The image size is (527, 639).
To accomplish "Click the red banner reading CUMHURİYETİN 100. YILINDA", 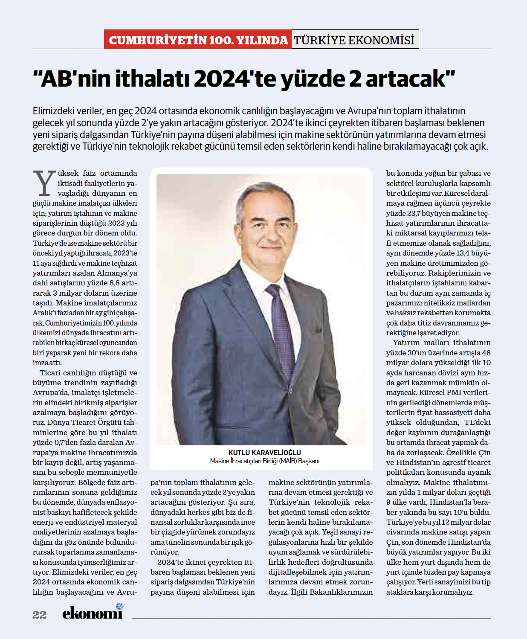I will pyautogui.click(x=198, y=40).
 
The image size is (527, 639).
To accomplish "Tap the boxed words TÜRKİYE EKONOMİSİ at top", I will pyautogui.click(x=354, y=40).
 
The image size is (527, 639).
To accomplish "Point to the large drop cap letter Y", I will pyautogui.click(x=44, y=183).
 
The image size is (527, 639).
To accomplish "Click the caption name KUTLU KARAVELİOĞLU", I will pyautogui.click(x=264, y=453).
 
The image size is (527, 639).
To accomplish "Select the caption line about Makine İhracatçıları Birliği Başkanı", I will pyautogui.click(x=264, y=461).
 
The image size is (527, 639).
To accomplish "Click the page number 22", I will pyautogui.click(x=39, y=615).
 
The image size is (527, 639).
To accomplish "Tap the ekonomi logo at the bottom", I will pyautogui.click(x=92, y=613).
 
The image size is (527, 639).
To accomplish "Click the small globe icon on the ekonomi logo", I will pyautogui.click(x=119, y=606).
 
